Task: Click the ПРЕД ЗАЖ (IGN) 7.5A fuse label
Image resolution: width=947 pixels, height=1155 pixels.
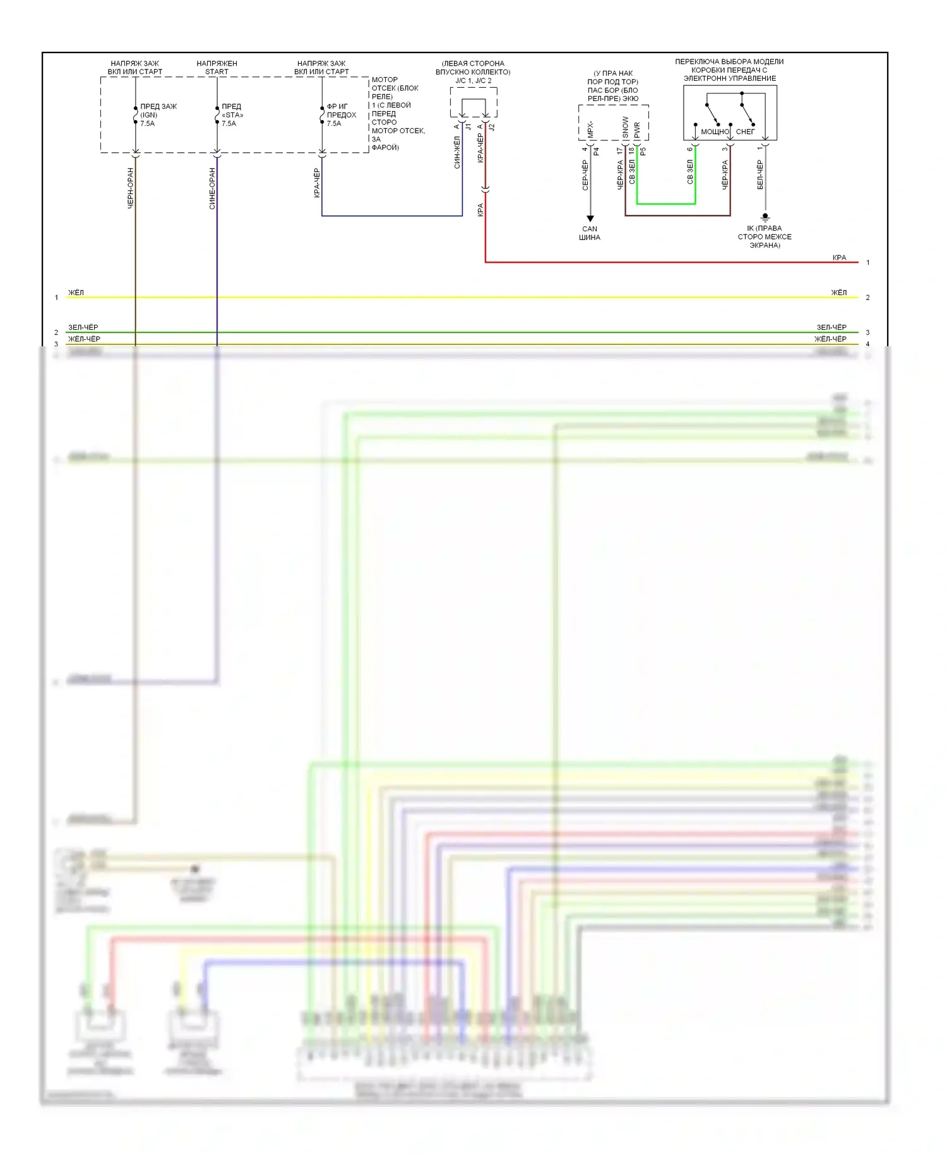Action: [157, 115]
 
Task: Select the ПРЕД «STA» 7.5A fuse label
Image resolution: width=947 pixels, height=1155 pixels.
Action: [232, 115]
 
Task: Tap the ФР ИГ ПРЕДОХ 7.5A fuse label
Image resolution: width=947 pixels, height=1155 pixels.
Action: [341, 115]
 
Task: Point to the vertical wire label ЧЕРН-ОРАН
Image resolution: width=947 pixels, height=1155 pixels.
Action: [131, 188]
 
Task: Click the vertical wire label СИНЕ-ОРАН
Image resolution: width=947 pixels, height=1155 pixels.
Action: [212, 188]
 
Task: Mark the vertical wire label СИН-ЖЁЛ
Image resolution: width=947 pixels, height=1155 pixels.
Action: [457, 152]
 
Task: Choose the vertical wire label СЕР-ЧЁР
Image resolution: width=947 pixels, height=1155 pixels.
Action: [585, 175]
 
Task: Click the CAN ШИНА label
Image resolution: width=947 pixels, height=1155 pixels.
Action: [590, 233]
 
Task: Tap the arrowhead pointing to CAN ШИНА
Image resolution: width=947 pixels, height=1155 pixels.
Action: [590, 219]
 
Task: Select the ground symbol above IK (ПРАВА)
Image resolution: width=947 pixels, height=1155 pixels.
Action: [765, 217]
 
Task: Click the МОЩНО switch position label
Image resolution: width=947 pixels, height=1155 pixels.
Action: [715, 131]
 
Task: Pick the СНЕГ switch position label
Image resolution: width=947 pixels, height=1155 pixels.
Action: [745, 131]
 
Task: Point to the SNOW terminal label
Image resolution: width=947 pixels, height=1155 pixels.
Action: [625, 127]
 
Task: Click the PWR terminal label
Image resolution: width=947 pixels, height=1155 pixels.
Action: [637, 130]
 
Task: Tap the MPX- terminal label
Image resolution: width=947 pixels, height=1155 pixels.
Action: [590, 130]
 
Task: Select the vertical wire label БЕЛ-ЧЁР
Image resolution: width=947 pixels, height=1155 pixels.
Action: [760, 174]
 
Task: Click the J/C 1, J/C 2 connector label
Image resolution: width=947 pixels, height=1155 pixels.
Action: [473, 80]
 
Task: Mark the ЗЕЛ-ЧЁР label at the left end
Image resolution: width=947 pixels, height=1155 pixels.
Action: [83, 327]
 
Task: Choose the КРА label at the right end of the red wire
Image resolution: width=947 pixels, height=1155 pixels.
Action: [839, 258]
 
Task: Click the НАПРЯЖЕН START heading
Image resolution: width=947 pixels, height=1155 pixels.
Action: [217, 68]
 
